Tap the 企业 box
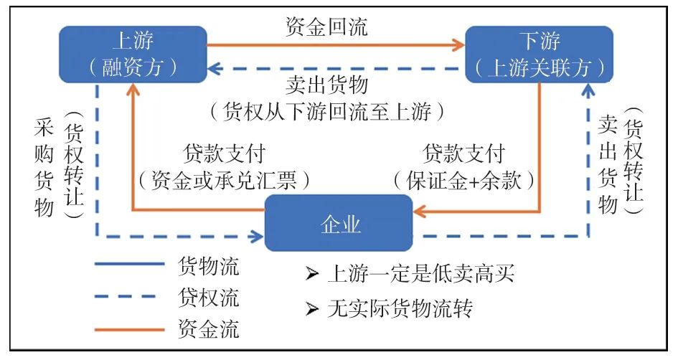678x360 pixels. point(339,224)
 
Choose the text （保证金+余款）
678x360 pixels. point(464,180)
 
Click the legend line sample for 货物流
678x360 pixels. point(130,264)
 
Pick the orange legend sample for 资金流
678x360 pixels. point(130,330)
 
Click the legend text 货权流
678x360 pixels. point(208,296)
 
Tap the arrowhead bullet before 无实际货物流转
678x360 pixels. point(311,309)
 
